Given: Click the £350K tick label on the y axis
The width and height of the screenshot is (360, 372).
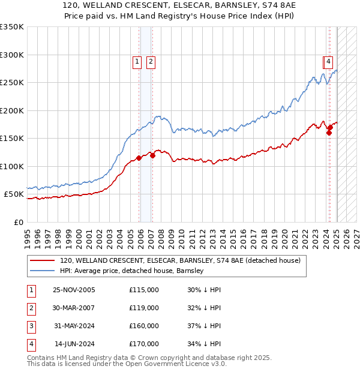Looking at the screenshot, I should (x=12, y=27).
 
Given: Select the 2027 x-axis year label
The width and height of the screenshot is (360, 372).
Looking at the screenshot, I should (x=356, y=234).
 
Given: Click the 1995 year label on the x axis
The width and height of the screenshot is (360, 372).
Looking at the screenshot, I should (x=27, y=234).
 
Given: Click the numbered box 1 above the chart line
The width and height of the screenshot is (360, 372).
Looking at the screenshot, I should (x=137, y=61).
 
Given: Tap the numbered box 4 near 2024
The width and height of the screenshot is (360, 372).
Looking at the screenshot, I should (x=329, y=61).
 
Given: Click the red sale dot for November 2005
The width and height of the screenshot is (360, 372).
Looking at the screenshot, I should (x=139, y=158).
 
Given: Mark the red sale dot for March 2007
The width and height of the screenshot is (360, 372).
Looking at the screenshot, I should (x=152, y=155).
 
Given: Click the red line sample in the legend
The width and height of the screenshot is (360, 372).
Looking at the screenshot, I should (x=42, y=260).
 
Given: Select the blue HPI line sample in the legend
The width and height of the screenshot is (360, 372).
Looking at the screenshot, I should (x=42, y=271).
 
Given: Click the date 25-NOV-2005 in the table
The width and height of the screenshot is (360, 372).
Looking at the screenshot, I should (x=74, y=290).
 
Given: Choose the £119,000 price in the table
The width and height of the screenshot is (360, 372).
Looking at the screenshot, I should (x=144, y=308).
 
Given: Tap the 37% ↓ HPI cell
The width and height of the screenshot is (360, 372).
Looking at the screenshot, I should (x=204, y=326).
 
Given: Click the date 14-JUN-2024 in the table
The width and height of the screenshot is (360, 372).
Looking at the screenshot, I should (x=74, y=344).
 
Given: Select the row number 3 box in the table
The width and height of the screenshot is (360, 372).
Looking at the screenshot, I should (x=31, y=326).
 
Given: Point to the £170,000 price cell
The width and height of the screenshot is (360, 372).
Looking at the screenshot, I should (x=144, y=344).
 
